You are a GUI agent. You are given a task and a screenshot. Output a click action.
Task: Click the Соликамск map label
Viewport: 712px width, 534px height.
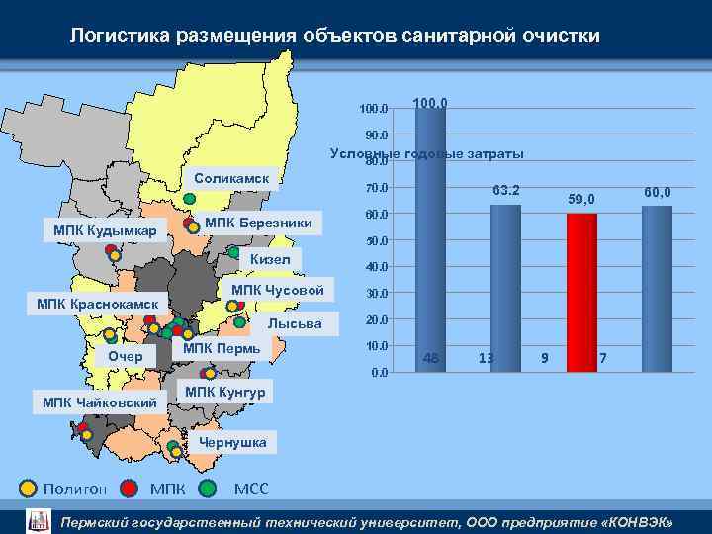(232, 178)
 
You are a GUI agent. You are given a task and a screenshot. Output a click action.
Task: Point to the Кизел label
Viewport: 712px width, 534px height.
(270, 259)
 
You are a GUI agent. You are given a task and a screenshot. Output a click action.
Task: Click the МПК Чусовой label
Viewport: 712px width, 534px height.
(277, 290)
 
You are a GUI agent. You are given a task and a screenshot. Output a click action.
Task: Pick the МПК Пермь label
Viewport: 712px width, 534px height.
(222, 348)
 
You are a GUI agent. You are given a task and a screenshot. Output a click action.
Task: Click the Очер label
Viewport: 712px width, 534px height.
(126, 356)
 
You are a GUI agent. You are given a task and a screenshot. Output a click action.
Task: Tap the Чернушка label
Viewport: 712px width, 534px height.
(232, 442)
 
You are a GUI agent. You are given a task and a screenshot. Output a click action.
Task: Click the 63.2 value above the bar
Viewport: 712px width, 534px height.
(506, 190)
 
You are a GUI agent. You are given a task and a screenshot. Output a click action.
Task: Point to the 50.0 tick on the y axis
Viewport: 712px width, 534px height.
(377, 240)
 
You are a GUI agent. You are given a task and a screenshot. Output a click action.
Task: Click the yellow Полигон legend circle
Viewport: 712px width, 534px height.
(29, 488)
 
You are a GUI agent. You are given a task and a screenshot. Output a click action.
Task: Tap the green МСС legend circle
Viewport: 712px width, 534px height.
(208, 488)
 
